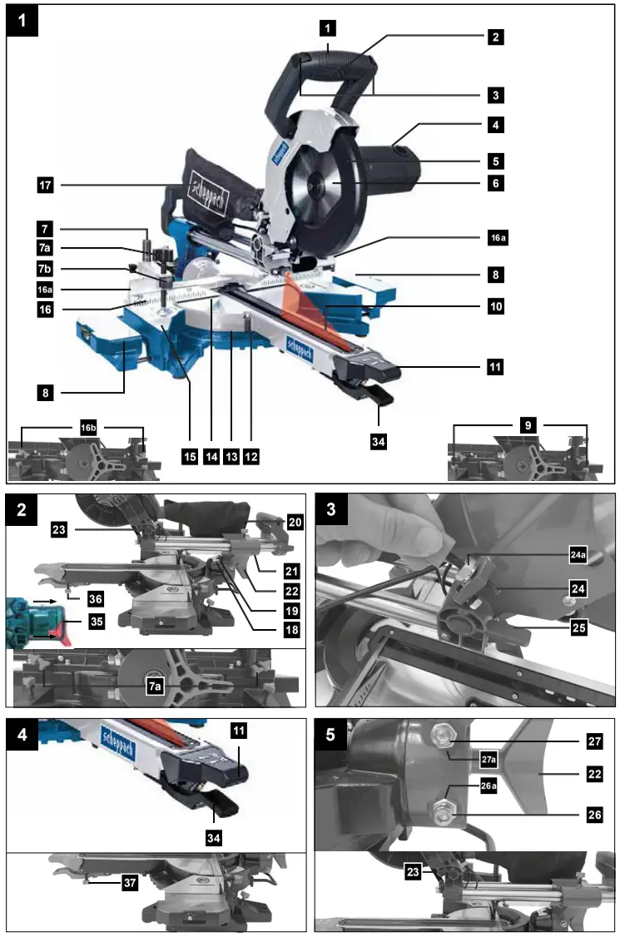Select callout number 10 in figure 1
tap(495, 307)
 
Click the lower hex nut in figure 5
tap(441, 809)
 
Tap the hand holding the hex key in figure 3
tap(374, 533)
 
